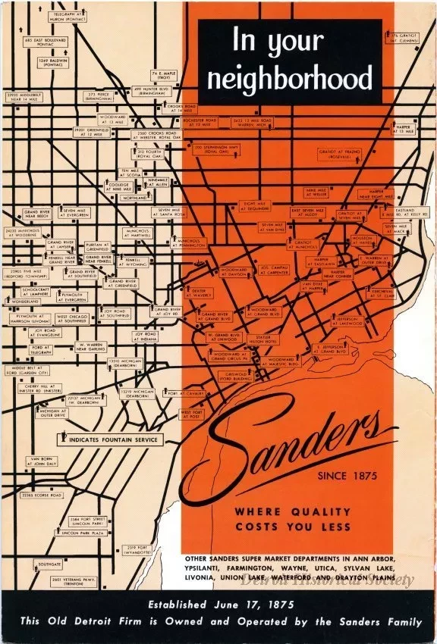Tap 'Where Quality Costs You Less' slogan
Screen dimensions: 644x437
coord(292,519)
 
